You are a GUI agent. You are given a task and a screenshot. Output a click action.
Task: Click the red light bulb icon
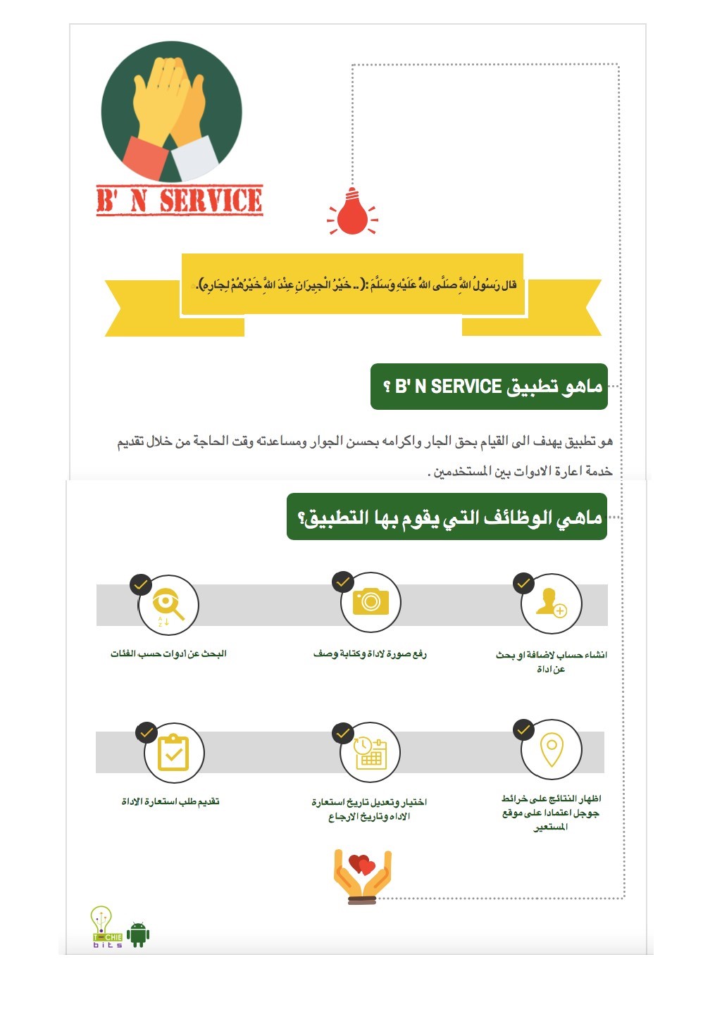tap(352, 213)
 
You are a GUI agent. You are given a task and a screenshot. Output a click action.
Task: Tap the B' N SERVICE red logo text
tap(180, 201)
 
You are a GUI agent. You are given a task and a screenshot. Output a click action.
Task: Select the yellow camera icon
tap(371, 601)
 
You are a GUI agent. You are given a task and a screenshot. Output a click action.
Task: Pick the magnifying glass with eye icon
tap(168, 605)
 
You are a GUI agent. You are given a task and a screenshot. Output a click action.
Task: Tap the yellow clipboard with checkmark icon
tap(173, 753)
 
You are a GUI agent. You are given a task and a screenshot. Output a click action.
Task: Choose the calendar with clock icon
tap(370, 753)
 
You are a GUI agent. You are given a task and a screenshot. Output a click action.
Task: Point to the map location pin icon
tap(552, 750)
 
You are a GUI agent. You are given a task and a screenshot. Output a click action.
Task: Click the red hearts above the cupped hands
tap(363, 864)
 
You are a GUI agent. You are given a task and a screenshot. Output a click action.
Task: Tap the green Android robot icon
tap(138, 934)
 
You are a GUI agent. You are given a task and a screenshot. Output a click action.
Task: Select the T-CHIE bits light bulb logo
tap(106, 927)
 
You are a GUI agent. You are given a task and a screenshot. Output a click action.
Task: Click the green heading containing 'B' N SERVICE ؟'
tap(489, 387)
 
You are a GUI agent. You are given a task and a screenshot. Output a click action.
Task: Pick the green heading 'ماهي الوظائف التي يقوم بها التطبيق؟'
tap(447, 518)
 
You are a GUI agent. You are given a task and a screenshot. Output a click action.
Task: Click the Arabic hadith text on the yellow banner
tap(356, 285)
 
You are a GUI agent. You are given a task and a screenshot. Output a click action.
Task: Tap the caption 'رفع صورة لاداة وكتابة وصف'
tap(370, 654)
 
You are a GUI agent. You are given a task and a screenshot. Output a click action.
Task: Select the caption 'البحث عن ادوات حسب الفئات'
tap(168, 654)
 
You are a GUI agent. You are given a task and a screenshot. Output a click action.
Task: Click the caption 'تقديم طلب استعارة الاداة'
tap(170, 802)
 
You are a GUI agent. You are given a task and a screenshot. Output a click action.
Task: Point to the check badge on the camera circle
tap(343, 582)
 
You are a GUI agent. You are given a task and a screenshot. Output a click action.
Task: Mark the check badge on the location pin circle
tap(523, 730)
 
